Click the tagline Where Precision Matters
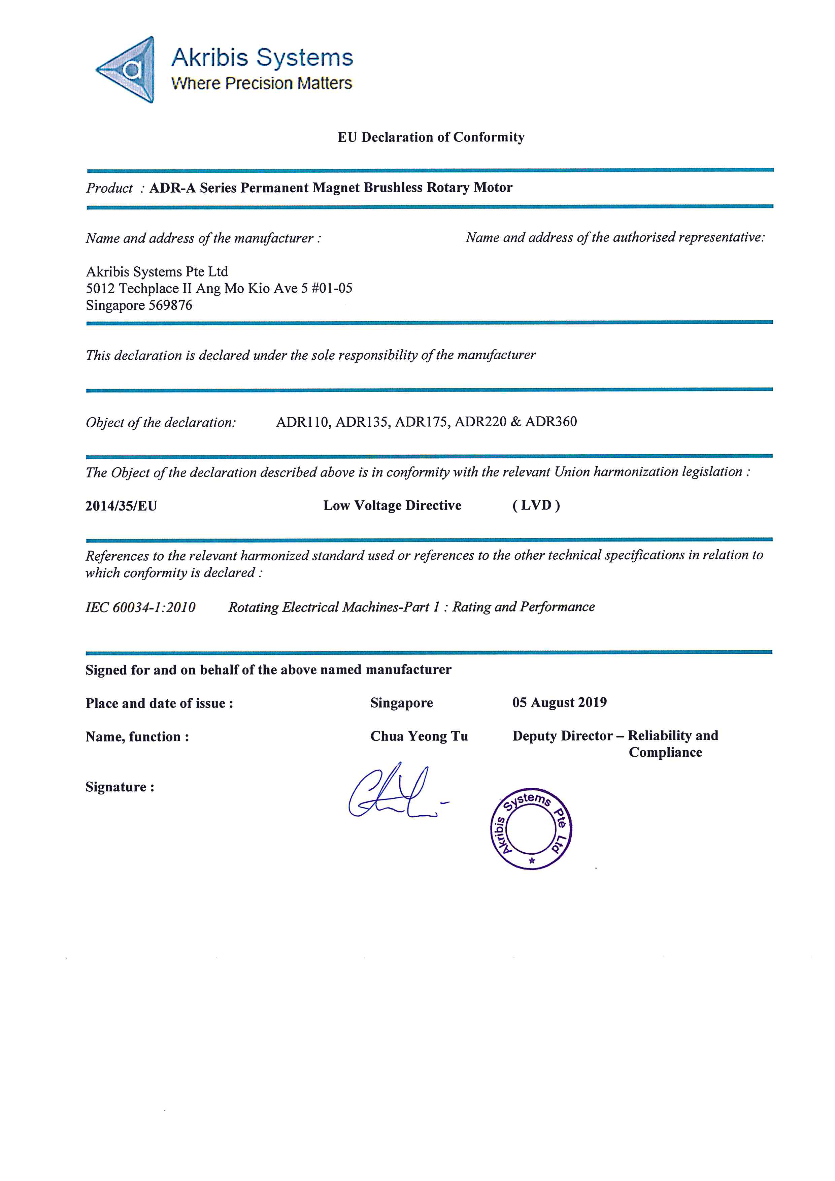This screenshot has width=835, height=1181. pos(261,83)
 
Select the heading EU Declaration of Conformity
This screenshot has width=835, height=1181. pos(431,137)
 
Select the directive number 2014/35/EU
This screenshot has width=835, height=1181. pos(121,506)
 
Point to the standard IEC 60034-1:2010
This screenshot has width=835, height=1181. pos(140,608)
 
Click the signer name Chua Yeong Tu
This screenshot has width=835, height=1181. pos(419,736)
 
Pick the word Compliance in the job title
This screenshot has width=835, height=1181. pos(665,753)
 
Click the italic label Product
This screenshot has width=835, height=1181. pos(109,188)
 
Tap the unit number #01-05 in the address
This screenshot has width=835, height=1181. pos(332,289)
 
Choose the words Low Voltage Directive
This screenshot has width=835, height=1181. pos(392,505)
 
